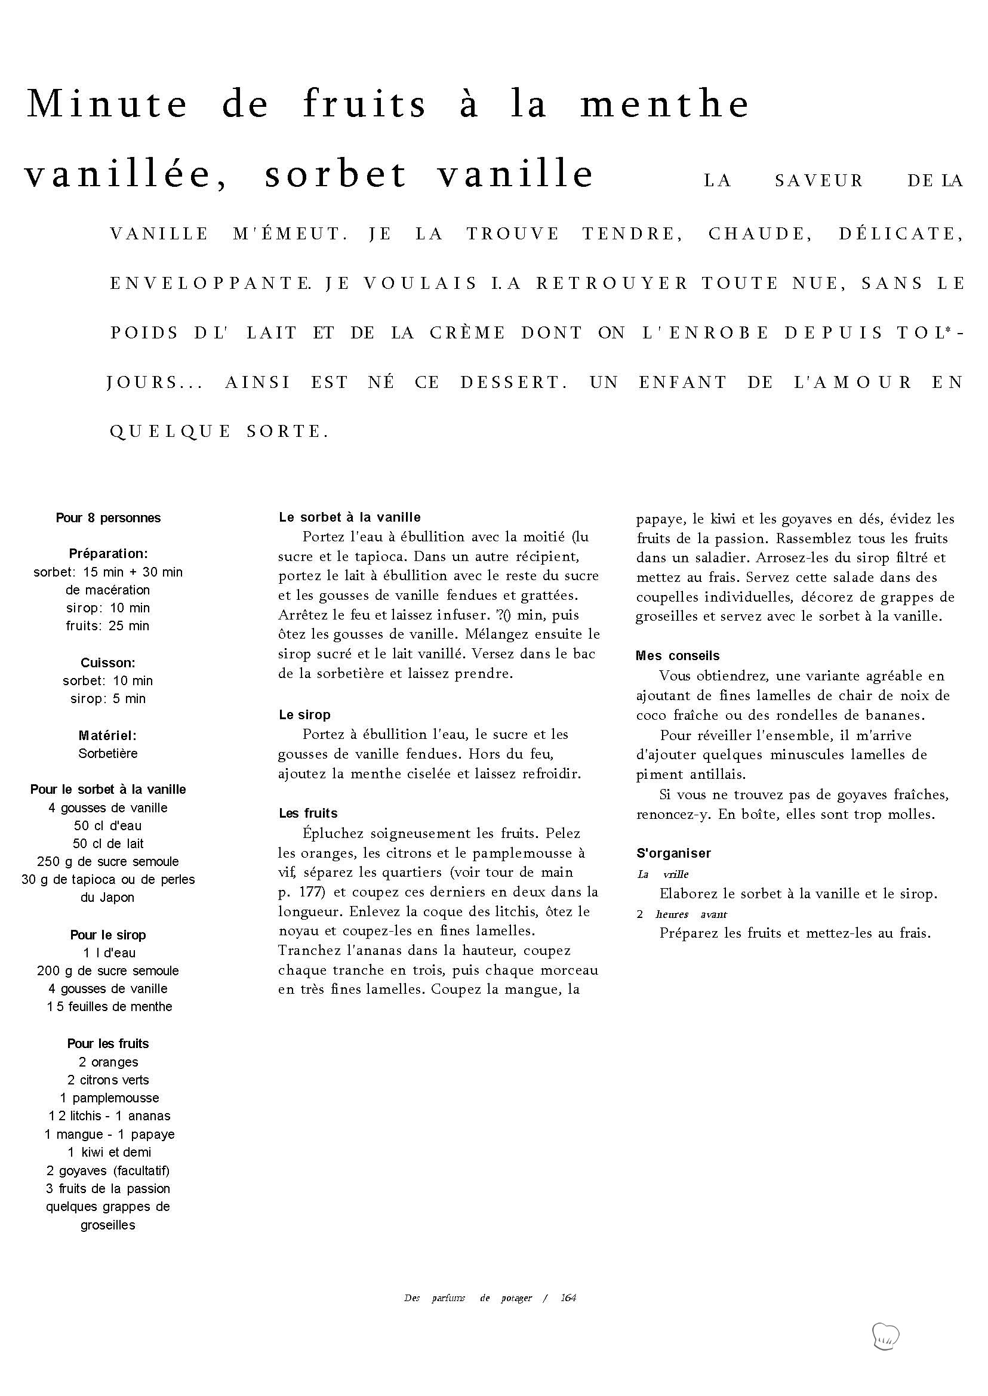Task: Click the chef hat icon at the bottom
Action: coord(885,1336)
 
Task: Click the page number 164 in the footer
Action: coord(568,1298)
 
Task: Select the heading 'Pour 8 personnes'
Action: coord(108,517)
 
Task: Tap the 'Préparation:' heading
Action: coord(108,553)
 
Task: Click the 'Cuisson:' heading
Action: coord(108,662)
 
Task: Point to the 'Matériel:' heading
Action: coord(107,735)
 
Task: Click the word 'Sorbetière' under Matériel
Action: coord(108,753)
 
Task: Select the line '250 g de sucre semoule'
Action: coord(108,861)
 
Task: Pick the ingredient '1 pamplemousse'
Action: coord(109,1098)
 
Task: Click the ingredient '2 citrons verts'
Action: coord(108,1080)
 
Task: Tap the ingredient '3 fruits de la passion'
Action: coord(108,1188)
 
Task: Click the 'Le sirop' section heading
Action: coord(304,715)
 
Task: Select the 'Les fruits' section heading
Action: coord(308,813)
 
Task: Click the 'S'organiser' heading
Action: coord(673,853)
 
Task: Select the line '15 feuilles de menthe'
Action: coord(109,1007)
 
